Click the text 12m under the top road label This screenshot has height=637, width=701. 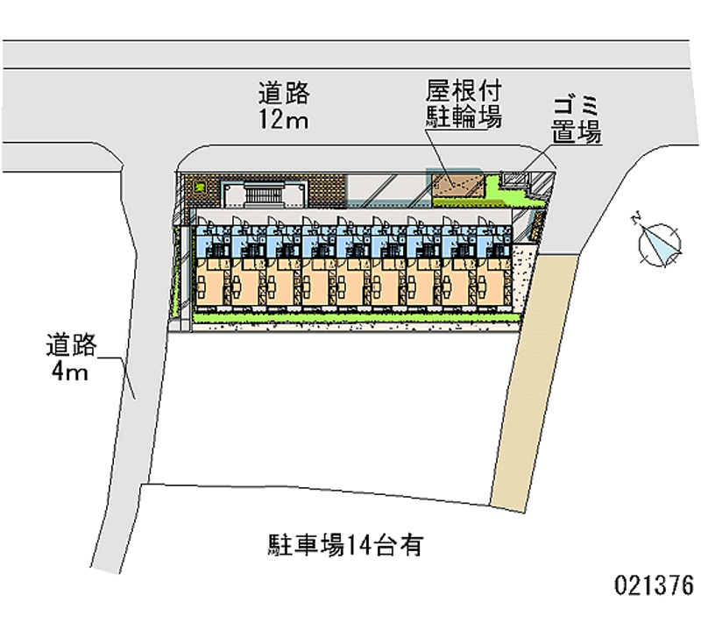[283, 120]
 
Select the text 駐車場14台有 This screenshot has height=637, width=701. [345, 546]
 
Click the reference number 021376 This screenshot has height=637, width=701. [655, 584]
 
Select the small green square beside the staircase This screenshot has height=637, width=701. [199, 187]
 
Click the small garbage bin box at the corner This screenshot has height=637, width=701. [514, 180]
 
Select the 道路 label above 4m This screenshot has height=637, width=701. [70, 346]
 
